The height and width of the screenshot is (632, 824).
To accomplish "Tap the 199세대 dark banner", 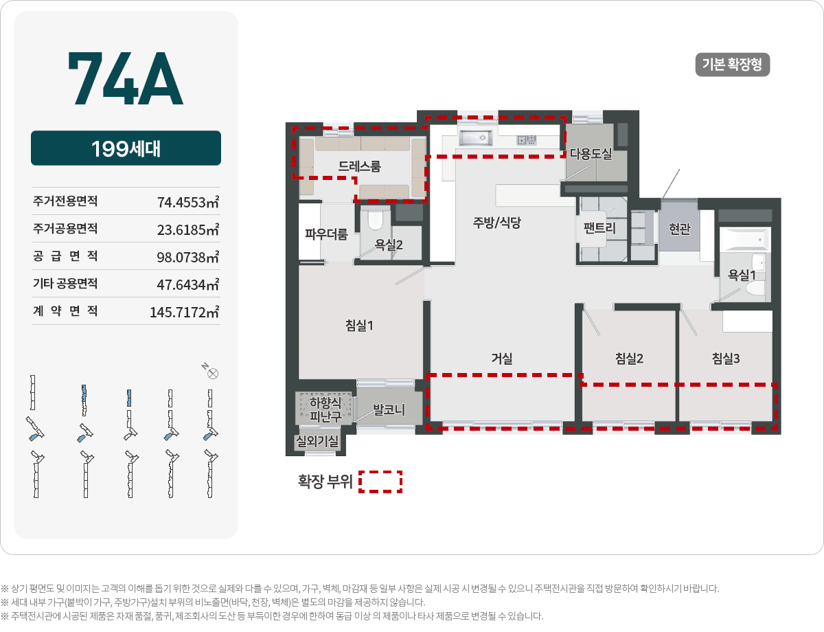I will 126,148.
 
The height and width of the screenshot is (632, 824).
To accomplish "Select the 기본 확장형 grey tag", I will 732,65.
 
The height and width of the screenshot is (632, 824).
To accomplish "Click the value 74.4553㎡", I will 187,203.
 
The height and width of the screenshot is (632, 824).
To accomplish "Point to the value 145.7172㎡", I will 184,313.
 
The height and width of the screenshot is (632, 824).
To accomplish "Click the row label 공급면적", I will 65,257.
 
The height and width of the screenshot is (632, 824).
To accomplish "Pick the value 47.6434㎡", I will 187,284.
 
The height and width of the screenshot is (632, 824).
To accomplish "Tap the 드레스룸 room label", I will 359,166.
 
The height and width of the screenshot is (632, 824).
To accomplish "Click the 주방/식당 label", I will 497,223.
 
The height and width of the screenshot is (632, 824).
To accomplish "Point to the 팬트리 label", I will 599,229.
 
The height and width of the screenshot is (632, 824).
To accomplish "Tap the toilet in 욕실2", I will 375,220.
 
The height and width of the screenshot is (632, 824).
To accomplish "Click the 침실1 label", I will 359,326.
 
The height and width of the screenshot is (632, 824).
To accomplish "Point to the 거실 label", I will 501,358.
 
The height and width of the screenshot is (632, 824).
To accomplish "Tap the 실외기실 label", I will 317,442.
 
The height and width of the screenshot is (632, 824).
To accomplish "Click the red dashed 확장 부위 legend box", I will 380,482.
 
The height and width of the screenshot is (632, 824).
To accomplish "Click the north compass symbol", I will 212,374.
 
